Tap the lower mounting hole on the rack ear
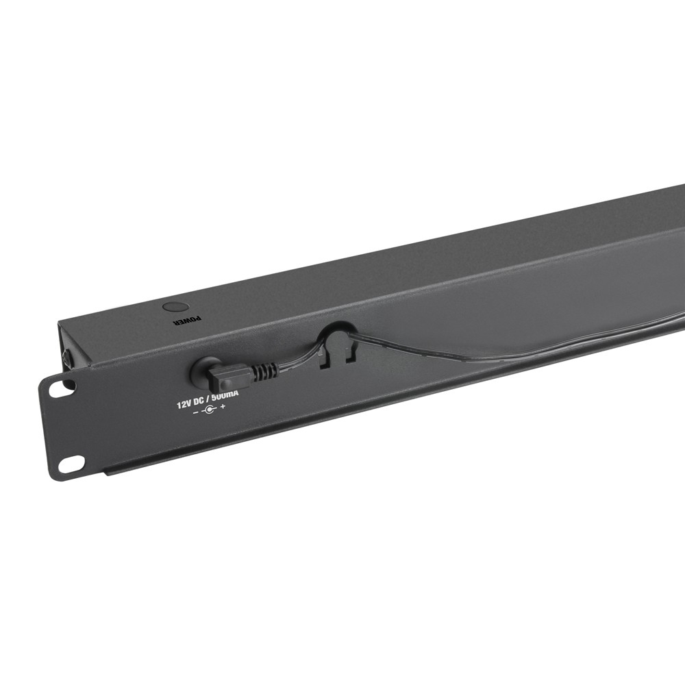[x=71, y=464]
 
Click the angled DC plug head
[x=229, y=376]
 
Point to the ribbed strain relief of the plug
[x=264, y=372]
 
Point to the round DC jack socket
[x=202, y=370]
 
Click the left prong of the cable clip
[x=325, y=358]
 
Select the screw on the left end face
[x=64, y=358]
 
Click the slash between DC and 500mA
[x=218, y=399]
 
